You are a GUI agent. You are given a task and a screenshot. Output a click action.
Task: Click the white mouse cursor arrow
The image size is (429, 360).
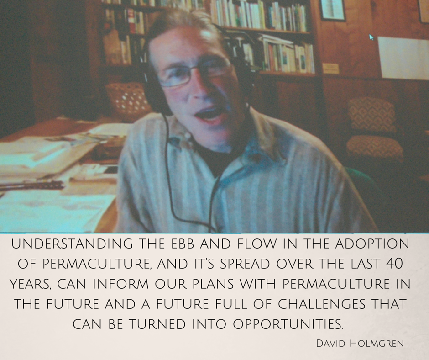(371, 37)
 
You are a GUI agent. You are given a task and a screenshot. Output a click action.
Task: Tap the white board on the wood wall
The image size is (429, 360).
(403, 58)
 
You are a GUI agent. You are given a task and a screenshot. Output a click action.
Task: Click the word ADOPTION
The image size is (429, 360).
(372, 244)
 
